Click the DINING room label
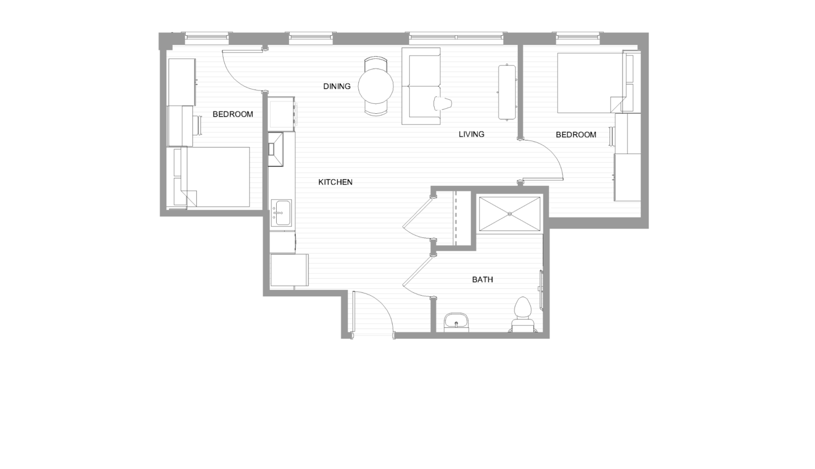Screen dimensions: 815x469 coord(337,86)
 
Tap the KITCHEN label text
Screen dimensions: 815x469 coord(336,182)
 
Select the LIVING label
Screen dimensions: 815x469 coord(471,134)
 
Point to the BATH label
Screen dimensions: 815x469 coord(482,280)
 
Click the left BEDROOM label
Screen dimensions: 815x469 coord(233,114)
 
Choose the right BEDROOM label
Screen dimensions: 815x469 coord(576,135)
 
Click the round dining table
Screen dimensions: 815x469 coord(376,87)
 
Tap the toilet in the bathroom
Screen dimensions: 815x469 coord(523,314)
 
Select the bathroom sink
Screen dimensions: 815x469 coord(456,322)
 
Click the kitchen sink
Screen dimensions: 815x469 coord(281,213)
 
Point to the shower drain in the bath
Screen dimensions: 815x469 coord(510,214)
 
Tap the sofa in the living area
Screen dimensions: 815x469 coord(421,86)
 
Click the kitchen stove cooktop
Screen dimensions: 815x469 coord(281,114)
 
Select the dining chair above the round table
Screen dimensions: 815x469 coord(376,63)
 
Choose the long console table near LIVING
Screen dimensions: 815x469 coord(507,92)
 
